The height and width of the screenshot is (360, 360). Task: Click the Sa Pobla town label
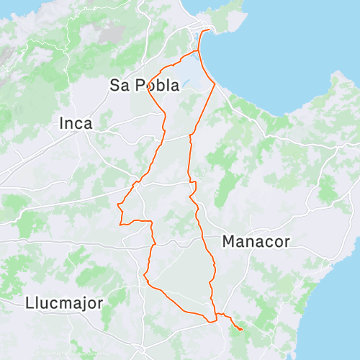pos(144,85)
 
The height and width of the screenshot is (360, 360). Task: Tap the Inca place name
pos(76,123)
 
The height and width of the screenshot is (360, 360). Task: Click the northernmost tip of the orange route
pos(207,30)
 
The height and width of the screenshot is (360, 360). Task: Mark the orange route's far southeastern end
pos(241,330)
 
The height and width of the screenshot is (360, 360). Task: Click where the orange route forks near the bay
pos(198,52)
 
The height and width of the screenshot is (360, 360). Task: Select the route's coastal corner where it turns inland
pos(215,84)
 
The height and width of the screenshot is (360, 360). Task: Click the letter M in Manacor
pos(229,241)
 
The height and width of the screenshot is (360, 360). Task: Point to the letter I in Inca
pos(61,123)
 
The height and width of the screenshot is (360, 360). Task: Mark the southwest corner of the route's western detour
pos(121,224)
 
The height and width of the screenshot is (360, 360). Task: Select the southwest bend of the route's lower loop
pos(145,275)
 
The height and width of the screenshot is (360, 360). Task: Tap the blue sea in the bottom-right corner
pos(338,338)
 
